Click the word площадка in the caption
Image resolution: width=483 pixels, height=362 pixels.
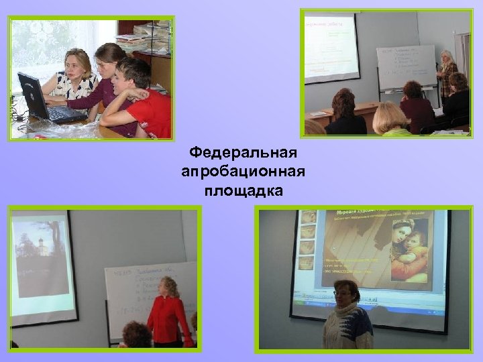click(x=244, y=191)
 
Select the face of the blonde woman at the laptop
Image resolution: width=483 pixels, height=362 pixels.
click(x=76, y=66)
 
